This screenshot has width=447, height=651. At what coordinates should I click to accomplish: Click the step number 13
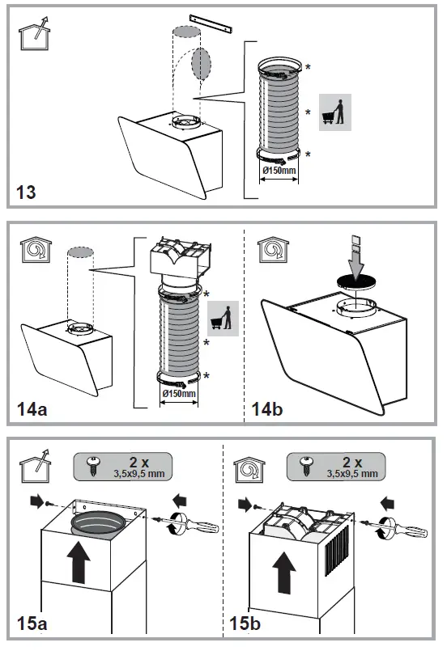26,192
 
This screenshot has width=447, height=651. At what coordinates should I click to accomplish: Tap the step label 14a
32,409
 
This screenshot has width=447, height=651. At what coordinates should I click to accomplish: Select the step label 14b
267,409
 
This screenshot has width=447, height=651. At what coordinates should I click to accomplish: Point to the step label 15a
32,624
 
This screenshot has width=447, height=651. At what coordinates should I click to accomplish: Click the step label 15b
245,624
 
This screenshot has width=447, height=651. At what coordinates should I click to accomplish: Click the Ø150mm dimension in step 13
279,170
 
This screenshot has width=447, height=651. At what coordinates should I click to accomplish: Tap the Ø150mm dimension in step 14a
179,393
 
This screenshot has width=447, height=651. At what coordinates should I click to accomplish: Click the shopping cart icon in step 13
334,112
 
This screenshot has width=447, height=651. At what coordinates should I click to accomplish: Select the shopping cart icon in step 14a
223,319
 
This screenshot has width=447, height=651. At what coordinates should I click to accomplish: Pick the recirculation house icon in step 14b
273,250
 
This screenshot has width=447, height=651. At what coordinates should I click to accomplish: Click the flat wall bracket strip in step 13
211,23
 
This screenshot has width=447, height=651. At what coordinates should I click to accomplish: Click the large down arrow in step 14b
356,257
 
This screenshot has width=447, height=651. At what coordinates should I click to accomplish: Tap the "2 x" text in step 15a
139,462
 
